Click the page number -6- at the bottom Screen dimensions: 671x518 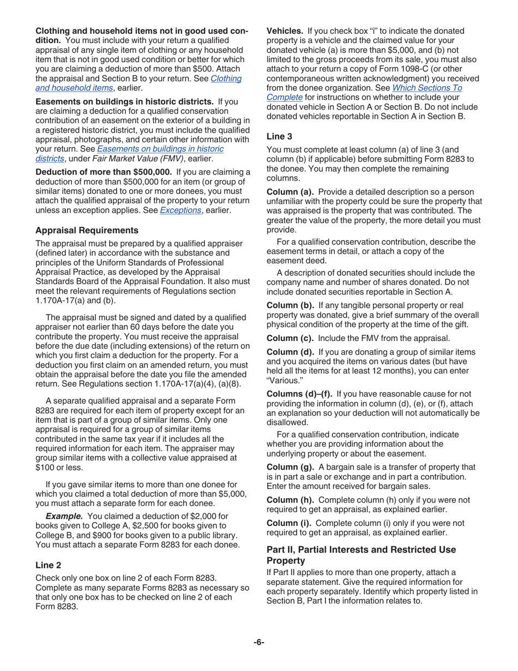pos(258,642)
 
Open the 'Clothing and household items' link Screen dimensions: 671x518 pos(138,83)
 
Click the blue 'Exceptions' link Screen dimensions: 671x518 pos(180,210)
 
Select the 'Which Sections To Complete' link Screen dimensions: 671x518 pos(364,92)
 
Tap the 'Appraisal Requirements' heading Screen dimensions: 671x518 pos(87,230)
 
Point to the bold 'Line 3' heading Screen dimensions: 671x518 pos(279,137)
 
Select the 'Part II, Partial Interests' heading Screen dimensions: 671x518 pos(361,555)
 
